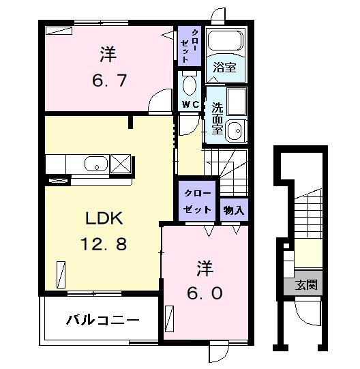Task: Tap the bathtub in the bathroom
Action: coord(224,42)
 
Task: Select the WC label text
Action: coord(190,104)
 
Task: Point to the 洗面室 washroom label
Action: coord(217,118)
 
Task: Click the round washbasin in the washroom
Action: coord(235,130)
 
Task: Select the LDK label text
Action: coord(104,218)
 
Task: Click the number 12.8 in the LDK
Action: coord(104,243)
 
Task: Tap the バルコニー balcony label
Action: coord(103,319)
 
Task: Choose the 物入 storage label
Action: coord(234,210)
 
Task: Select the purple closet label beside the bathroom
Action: coord(190,46)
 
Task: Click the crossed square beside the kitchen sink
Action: coord(121,164)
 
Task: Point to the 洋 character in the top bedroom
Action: coord(107,52)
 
